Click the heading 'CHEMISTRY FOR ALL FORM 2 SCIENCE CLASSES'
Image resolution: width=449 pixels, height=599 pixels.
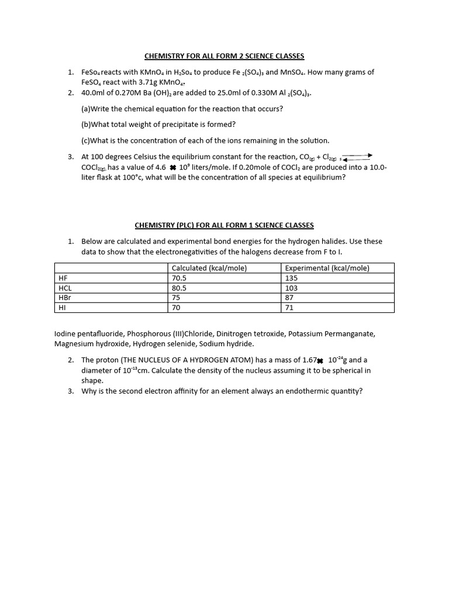[224, 56]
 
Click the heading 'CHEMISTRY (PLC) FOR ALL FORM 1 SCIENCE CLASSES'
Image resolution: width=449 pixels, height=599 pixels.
[224, 225]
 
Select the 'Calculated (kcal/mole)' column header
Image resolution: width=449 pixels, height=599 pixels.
[209, 268]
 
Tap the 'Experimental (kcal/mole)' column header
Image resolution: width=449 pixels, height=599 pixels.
[327, 268]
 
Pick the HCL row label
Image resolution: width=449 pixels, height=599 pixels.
[65, 288]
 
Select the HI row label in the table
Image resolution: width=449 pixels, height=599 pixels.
[61, 308]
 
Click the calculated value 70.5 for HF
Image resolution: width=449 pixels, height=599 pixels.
[179, 278]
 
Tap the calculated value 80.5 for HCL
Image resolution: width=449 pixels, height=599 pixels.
[179, 288]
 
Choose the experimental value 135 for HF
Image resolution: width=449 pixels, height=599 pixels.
[291, 278]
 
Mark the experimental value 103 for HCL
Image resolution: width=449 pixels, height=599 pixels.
[291, 288]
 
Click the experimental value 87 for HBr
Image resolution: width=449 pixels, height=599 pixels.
[289, 298]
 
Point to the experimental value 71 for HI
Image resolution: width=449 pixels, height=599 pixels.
[289, 308]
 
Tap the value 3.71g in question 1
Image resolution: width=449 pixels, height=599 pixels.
[147, 82]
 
